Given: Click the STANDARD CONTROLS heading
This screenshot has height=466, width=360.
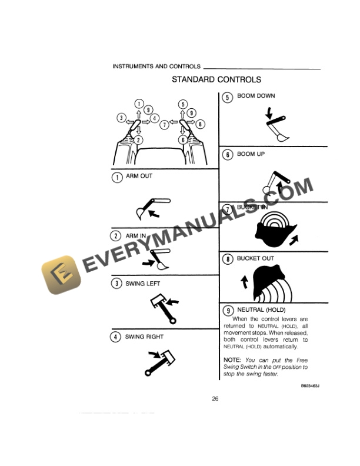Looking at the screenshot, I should coord(216,79).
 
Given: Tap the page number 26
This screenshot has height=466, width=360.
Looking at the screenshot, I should coord(215,398).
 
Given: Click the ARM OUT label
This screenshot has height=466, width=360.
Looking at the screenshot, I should coord(139,177).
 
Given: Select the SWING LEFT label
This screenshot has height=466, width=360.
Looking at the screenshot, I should coord(142,284).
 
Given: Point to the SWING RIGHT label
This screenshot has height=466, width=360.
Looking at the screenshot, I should coord(144,337).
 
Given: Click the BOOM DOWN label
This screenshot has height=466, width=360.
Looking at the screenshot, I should coord(255,96).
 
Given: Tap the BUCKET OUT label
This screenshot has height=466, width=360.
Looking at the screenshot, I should coord(255,258).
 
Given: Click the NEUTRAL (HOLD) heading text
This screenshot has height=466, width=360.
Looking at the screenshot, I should coord(261,309).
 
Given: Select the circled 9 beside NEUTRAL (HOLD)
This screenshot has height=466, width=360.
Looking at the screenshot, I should coord(228,310).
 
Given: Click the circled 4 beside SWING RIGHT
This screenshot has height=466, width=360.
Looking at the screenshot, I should coord(117,338).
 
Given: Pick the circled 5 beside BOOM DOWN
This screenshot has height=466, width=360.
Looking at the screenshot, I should coord(228,98).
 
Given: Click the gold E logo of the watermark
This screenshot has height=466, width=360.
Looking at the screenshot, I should coord(59,278).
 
